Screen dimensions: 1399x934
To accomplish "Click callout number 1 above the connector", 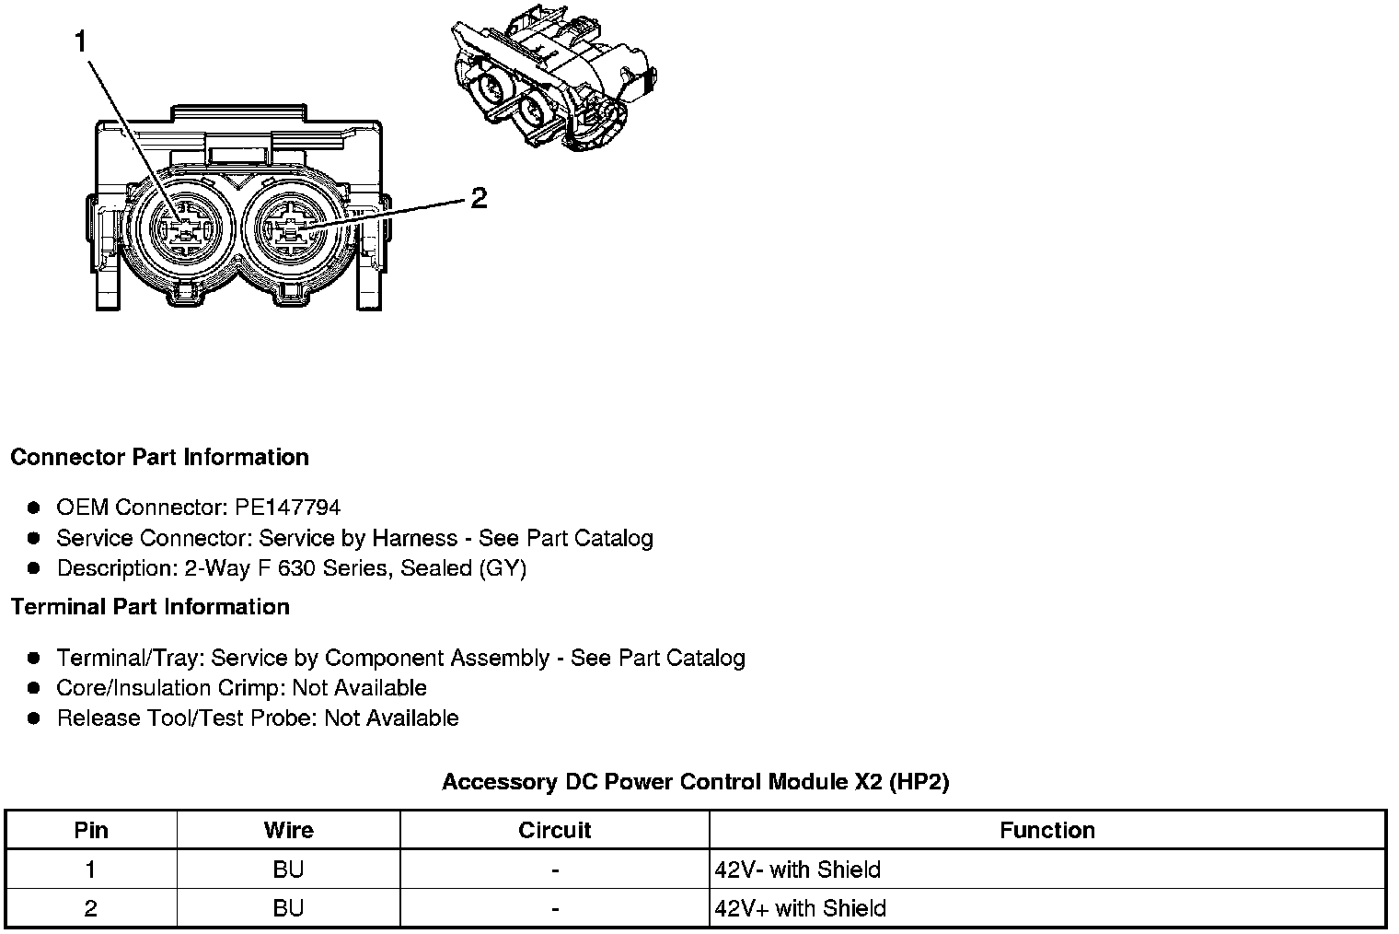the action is [81, 41].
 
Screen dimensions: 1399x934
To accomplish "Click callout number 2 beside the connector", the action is [479, 197].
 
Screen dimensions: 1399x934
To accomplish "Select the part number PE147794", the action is [288, 508].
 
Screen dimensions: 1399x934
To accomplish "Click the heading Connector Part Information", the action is [159, 458].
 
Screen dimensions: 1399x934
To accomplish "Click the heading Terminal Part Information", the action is [150, 607].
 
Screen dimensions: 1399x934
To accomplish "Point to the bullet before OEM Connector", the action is [34, 508].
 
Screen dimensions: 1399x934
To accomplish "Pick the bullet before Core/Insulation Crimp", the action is [34, 688].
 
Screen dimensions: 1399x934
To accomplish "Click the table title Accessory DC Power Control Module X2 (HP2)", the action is [695, 782].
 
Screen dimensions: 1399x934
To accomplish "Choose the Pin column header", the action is [91, 830].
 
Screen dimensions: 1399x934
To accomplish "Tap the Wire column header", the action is [288, 830].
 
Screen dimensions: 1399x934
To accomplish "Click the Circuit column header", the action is [554, 830].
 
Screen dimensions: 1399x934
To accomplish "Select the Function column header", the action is [1046, 830].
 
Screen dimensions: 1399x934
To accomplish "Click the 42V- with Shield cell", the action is [797, 870].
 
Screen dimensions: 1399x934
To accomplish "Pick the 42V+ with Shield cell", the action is [800, 908].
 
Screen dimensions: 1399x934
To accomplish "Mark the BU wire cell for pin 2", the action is [288, 908].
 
